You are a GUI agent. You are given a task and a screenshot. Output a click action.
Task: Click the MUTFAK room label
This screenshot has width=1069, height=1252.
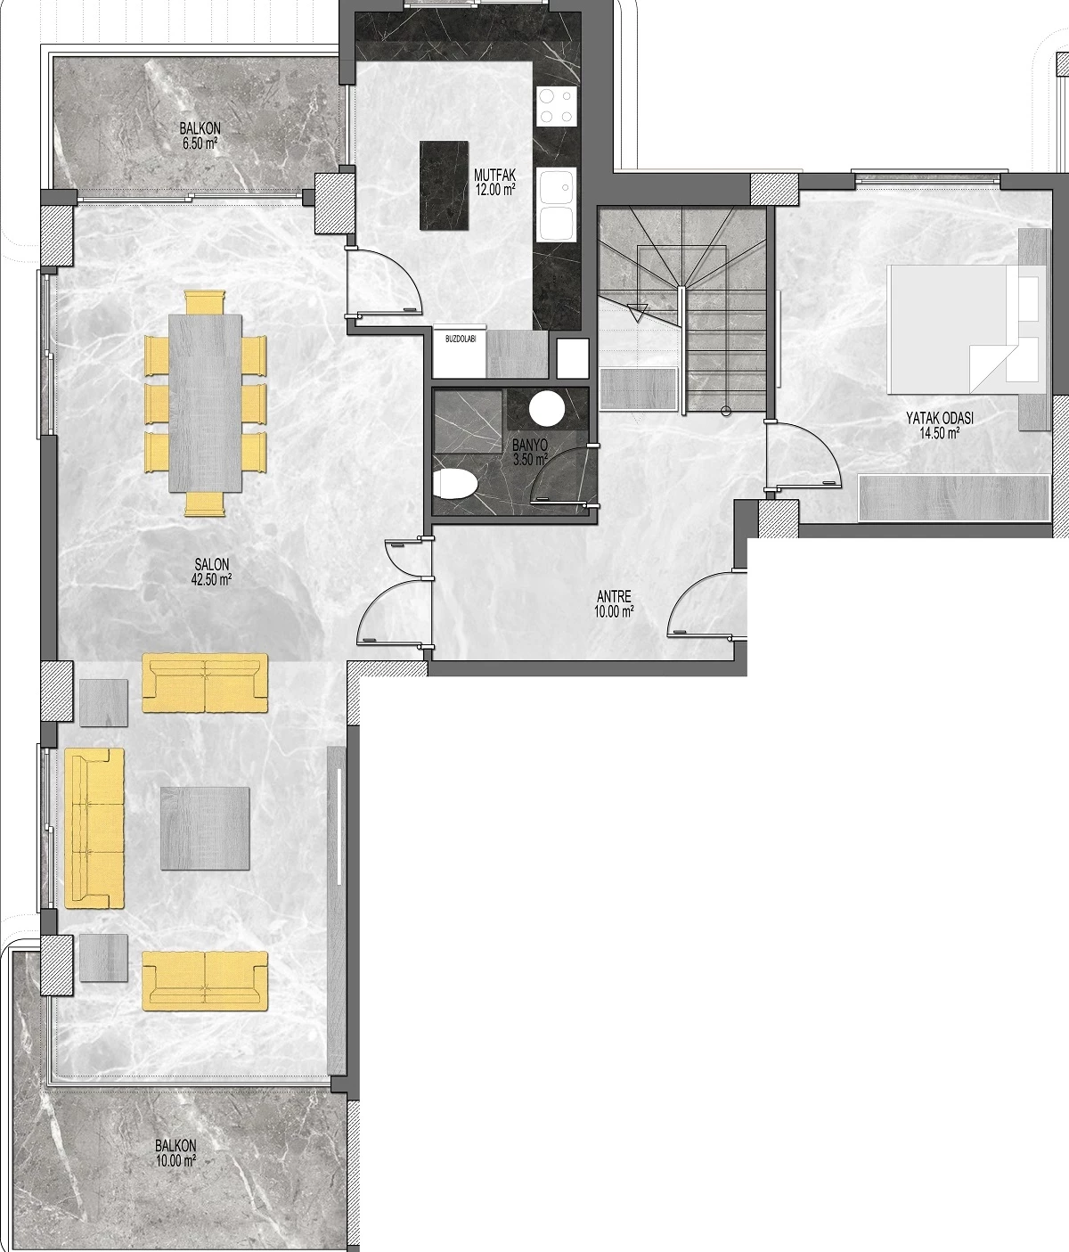pos(494,175)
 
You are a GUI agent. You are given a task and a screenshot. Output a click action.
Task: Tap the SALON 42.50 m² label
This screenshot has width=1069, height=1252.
pos(211,572)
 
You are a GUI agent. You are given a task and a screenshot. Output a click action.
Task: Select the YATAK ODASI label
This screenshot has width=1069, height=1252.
pos(940,418)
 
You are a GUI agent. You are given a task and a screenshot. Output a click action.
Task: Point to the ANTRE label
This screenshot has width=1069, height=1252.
pos(614,597)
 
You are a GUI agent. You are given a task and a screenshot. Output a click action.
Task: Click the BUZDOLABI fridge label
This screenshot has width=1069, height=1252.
pos(461,340)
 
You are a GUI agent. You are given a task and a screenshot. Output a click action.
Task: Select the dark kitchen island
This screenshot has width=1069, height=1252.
pos(444,185)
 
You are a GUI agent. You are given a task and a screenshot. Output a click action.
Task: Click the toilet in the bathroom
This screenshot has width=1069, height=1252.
pos(455,483)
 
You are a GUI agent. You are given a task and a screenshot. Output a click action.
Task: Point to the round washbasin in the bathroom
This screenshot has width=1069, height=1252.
pos(547,409)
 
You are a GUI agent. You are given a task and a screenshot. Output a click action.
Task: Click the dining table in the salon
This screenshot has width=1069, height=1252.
pos(205,404)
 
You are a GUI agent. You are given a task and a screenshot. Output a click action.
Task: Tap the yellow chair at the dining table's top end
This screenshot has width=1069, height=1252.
pos(205,302)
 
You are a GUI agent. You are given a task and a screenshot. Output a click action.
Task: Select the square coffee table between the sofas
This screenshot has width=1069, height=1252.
pos(205,828)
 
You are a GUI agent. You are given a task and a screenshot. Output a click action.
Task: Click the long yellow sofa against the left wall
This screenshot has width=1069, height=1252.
pos(94,828)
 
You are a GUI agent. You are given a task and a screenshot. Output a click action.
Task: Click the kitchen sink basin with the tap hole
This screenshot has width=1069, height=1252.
pos(557,188)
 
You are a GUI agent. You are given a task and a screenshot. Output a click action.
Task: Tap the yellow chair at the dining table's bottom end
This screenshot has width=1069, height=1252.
pos(205,504)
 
